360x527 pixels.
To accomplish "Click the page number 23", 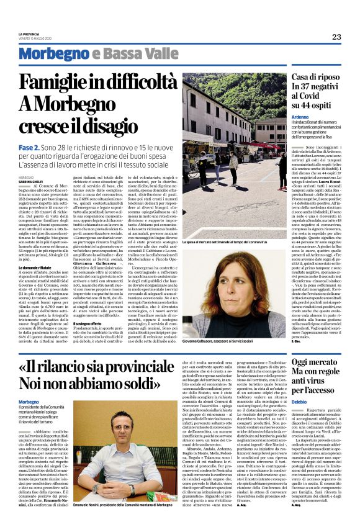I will pyautogui.click(x=336, y=37).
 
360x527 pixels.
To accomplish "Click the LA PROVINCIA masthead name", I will pyautogui.click(x=28, y=33).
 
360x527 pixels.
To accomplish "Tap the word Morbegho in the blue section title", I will pyautogui.click(x=54, y=54).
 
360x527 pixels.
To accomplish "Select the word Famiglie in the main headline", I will pyautogui.click(x=59, y=83).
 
